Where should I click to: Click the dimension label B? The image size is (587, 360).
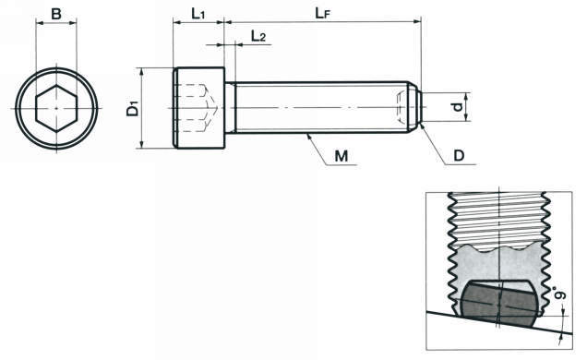click(x=56, y=14)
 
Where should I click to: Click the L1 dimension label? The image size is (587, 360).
click(x=198, y=14)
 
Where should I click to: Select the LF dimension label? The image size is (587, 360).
click(x=323, y=13)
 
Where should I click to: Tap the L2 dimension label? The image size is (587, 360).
click(x=258, y=36)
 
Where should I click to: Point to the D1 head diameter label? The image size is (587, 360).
click(x=133, y=108)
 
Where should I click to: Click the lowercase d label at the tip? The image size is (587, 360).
click(x=457, y=107)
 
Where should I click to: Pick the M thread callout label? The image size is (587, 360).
click(x=341, y=156)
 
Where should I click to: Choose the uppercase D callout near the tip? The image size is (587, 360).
click(x=459, y=156)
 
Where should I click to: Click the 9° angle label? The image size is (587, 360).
click(x=560, y=294)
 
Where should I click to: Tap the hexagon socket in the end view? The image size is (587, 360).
click(x=56, y=108)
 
